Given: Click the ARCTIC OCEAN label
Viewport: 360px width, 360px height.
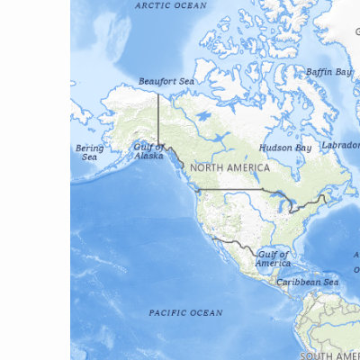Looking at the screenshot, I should click(170, 5).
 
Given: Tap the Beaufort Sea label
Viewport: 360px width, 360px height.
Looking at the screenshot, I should click(166, 81).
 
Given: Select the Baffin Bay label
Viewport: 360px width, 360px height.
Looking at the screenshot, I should click(328, 71).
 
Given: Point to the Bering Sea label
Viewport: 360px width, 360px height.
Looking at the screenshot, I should click(90, 152).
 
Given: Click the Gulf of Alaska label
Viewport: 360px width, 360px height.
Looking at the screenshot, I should click(149, 150).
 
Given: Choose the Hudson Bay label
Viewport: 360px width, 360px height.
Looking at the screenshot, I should click(285, 147).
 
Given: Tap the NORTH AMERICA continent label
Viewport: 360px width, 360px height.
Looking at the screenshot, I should click(229, 168).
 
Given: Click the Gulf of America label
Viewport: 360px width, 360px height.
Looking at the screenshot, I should click(273, 258).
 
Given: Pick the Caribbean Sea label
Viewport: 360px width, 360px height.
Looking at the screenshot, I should click(307, 282).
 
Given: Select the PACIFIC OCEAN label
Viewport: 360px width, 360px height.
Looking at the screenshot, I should click(185, 313).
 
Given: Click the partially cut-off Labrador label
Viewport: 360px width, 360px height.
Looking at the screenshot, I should click(341, 145).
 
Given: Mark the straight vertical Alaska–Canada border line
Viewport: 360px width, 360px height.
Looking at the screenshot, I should click(159, 117).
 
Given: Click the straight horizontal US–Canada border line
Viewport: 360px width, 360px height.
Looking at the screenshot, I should click(234, 189).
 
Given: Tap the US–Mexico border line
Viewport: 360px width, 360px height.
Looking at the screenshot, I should click(236, 243).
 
